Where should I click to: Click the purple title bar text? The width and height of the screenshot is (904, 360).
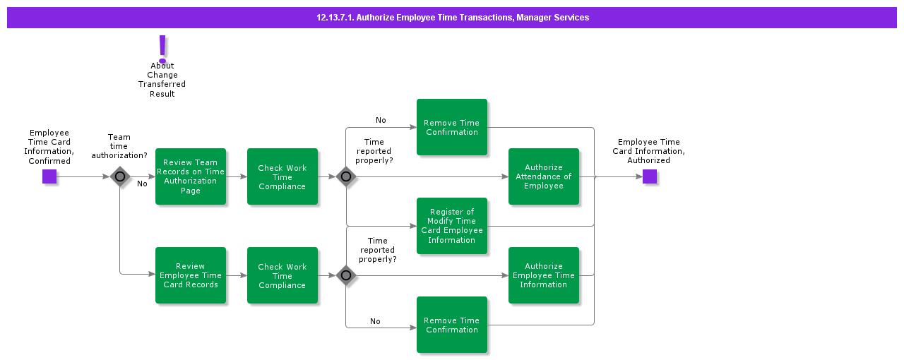452,18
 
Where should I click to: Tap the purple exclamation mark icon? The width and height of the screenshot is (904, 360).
162,49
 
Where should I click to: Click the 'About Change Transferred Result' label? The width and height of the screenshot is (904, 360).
162,80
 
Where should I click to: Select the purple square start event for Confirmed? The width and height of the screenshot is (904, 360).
49,176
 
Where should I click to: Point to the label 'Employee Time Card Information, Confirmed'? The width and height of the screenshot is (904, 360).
49,147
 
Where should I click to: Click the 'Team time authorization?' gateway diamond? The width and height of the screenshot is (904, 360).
120,176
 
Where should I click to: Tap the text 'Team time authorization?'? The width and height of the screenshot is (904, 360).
119,146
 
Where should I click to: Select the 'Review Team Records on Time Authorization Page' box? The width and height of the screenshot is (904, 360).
191,176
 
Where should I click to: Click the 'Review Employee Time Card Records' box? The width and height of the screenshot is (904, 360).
191,275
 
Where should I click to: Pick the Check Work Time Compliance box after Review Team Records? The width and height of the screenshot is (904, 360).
282,176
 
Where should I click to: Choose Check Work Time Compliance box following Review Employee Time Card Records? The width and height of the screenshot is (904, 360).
282,275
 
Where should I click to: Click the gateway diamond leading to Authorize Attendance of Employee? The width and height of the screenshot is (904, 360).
345,176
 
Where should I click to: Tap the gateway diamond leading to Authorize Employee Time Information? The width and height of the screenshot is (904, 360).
345,275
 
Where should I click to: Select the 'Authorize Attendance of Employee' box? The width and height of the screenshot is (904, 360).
544,176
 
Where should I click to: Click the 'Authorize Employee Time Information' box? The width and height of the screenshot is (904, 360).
544,275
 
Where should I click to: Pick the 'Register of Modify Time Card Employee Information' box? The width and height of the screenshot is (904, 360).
452,226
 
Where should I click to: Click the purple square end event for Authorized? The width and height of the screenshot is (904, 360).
649,176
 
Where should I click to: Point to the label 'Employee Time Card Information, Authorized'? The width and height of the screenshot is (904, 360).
648,151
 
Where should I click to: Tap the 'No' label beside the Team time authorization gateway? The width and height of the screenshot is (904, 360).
142,184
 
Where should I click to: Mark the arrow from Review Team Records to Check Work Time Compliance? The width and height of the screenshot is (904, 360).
237,176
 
